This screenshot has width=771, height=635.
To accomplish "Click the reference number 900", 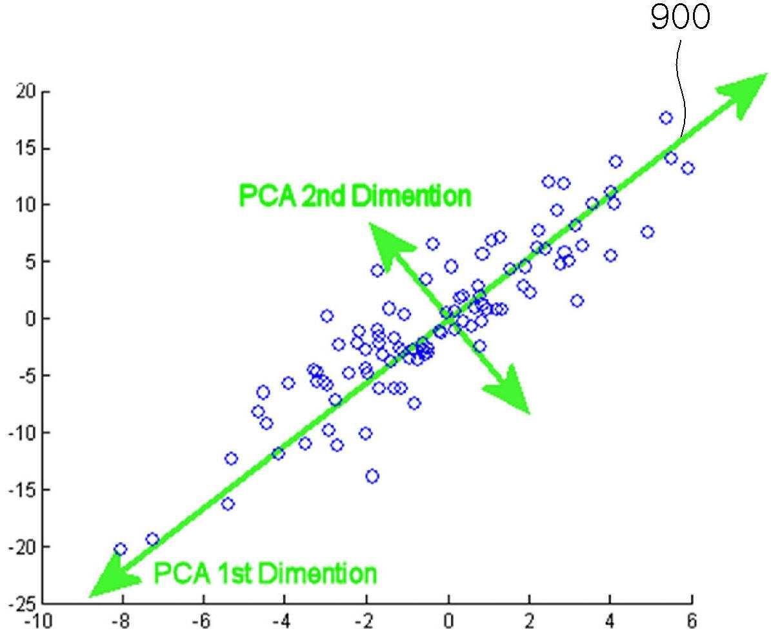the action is click(x=681, y=17).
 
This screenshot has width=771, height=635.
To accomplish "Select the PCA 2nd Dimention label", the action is click(x=354, y=195).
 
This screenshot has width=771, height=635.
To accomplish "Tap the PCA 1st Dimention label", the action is click(x=266, y=573).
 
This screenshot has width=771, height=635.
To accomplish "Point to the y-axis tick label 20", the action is click(x=25, y=92).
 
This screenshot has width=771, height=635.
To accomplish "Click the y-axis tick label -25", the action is click(x=22, y=603).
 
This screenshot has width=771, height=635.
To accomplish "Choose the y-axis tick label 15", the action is click(x=25, y=148).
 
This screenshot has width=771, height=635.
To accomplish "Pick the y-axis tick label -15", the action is click(x=22, y=489).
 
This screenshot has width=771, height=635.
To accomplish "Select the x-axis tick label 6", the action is click(x=692, y=621).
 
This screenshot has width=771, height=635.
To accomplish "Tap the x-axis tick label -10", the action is click(x=38, y=621).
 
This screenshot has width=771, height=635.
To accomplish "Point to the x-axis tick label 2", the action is click(x=529, y=621).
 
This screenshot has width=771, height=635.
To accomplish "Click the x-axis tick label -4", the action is click(x=282, y=621).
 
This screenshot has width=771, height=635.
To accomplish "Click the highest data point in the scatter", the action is click(x=666, y=118).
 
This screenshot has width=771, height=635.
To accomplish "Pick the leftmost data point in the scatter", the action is click(x=121, y=549).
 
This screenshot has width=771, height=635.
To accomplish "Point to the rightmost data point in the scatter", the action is click(x=688, y=168).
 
